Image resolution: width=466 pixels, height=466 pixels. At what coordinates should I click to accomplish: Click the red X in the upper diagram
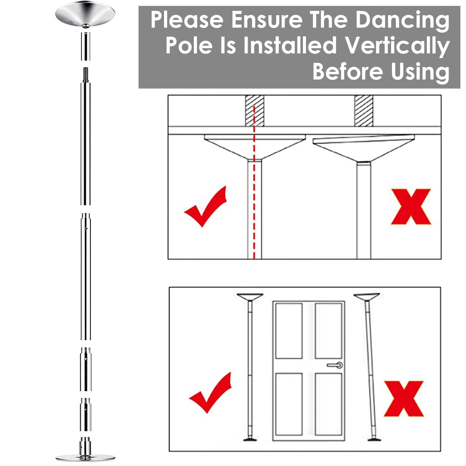click(x=411, y=207)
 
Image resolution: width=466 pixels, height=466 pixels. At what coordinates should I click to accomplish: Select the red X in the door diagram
click(x=404, y=399)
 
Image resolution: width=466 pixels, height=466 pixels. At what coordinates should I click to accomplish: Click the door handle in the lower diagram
click(x=336, y=365)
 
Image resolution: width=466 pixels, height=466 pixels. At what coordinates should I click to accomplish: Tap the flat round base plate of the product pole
click(x=85, y=457)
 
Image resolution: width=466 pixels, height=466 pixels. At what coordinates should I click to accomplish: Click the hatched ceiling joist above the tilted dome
click(x=363, y=111)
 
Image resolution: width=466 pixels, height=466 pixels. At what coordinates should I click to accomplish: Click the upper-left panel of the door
click(x=289, y=330)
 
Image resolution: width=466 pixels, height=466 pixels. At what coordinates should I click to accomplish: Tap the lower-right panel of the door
click(x=328, y=404)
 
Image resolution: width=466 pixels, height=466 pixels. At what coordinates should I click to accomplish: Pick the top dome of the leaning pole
click(x=367, y=297)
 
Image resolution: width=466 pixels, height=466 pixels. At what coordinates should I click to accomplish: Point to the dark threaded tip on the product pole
click(x=85, y=74)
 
